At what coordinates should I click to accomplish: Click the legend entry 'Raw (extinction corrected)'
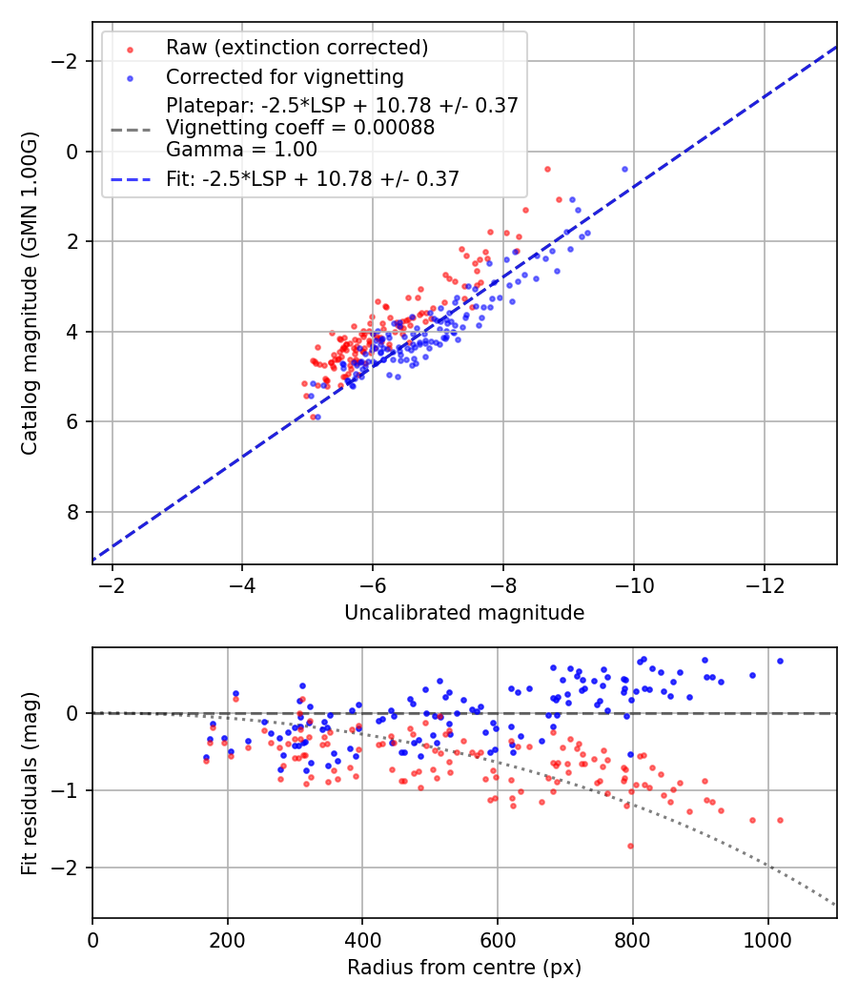(x=296, y=48)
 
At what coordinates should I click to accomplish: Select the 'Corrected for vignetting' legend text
(x=285, y=76)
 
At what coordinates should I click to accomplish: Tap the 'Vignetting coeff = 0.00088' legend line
(x=300, y=128)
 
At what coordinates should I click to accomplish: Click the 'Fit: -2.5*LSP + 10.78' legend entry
(x=313, y=178)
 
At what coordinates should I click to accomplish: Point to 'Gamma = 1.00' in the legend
(x=241, y=150)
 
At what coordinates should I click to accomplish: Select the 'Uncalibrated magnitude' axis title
(x=464, y=613)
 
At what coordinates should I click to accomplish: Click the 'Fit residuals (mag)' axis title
(x=30, y=783)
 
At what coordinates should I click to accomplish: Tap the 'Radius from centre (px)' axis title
(x=464, y=968)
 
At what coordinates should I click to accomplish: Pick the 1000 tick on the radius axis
(x=767, y=938)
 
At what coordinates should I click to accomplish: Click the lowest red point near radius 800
(x=630, y=846)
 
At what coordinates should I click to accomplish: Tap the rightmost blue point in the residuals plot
(x=780, y=661)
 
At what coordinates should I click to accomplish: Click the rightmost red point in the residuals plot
(x=780, y=820)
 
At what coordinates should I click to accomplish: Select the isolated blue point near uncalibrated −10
(x=624, y=169)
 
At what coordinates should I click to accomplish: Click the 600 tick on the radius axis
(x=497, y=938)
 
